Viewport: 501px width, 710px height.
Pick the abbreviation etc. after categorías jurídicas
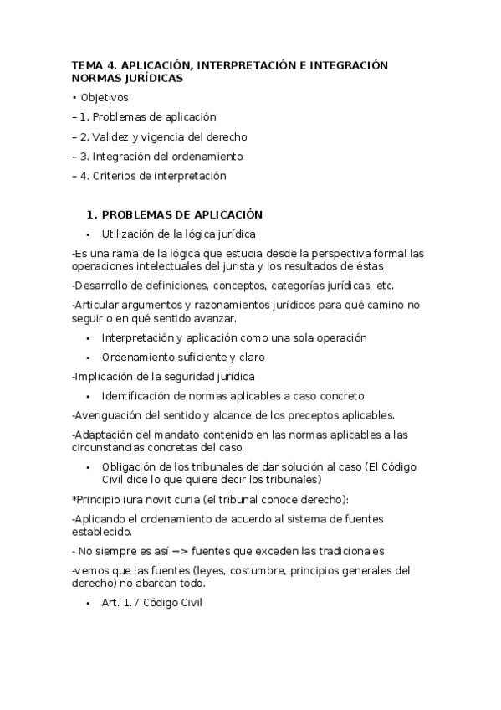386,286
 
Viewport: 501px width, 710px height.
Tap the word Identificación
138,395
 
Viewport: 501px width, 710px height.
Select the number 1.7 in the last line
130,603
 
